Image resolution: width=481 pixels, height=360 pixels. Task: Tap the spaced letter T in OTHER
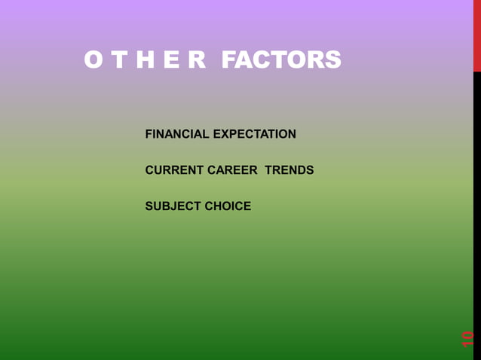click(x=120, y=60)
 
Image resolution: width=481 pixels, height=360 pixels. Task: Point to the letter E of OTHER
click(x=172, y=60)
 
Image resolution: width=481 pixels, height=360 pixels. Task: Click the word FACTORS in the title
click(x=281, y=60)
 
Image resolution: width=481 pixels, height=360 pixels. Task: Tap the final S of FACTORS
click(x=332, y=60)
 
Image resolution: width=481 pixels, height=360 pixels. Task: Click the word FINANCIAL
click(x=177, y=134)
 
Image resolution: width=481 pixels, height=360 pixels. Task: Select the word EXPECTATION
click(x=255, y=134)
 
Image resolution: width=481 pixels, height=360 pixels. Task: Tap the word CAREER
click(x=232, y=170)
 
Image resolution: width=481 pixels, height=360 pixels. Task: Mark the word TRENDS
click(x=290, y=170)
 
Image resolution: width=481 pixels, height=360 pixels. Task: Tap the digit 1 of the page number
click(x=468, y=343)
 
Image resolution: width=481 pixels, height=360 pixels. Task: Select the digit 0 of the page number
click(x=468, y=334)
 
